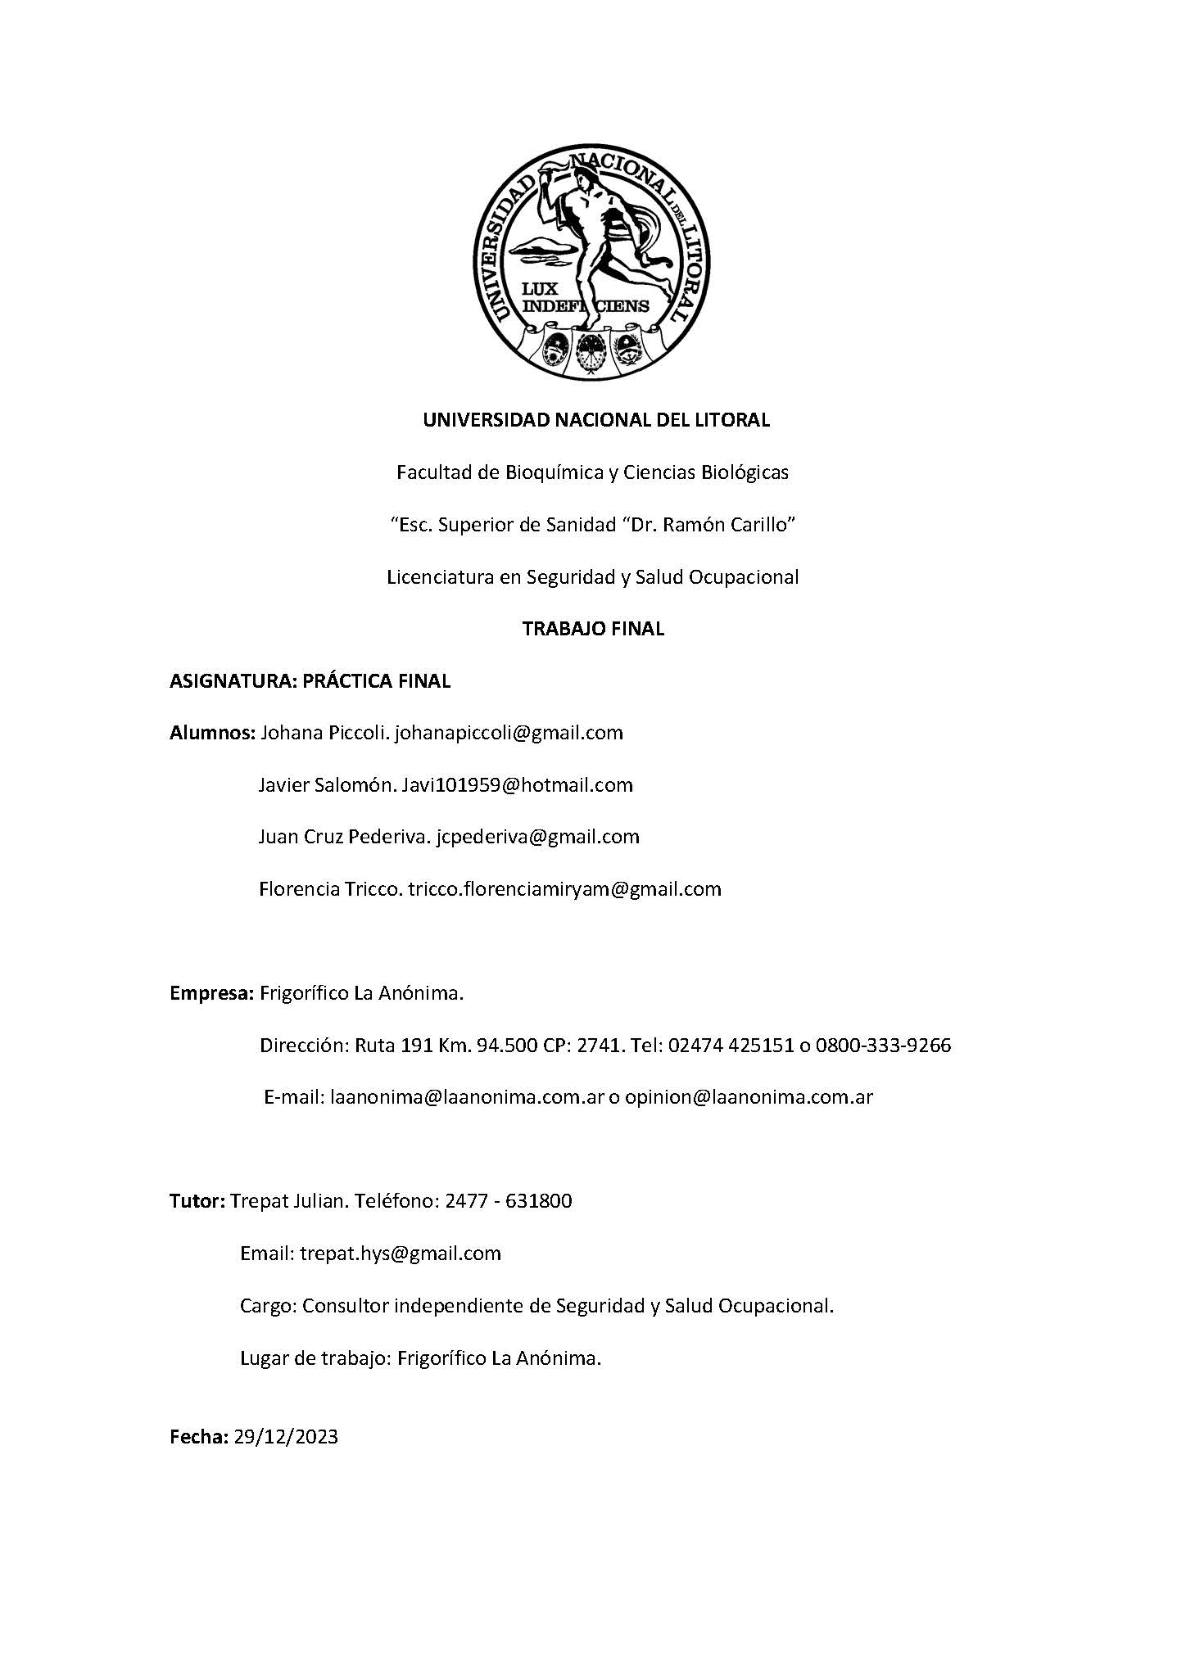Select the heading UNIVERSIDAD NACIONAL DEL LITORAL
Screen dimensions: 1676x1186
[595, 421]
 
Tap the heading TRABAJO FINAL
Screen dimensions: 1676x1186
[593, 629]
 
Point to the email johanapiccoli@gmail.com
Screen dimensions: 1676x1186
[509, 733]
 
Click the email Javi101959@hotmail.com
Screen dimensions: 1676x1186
[517, 785]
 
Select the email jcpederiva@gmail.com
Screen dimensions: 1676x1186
[537, 837]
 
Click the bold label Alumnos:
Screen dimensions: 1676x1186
[213, 733]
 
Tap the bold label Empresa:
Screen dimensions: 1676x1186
[212, 994]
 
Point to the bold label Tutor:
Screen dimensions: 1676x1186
[197, 1201]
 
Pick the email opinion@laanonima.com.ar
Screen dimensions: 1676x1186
[749, 1098]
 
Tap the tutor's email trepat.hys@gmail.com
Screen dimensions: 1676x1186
[401, 1254]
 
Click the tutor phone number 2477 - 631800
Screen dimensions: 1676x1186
[508, 1201]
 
